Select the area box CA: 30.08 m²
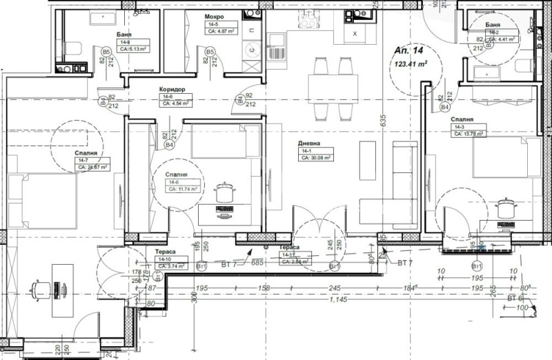pyautogui.click(x=316, y=157)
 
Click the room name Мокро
pyautogui.click(x=214, y=16)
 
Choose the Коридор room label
pyautogui.click(x=170, y=90)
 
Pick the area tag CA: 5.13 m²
pyautogui.click(x=134, y=49)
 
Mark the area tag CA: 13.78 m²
pyautogui.click(x=470, y=134)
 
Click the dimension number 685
pyautogui.click(x=258, y=263)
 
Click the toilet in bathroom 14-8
pyautogui.click(x=76, y=48)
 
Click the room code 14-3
pyautogui.click(x=459, y=127)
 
